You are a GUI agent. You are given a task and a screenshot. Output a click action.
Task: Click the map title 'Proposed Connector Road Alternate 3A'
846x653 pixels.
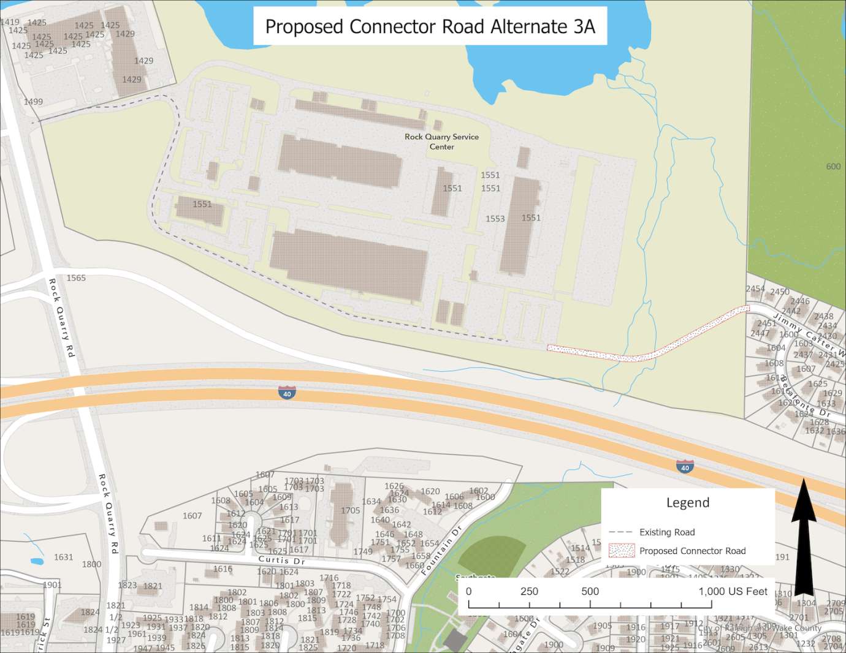[x=430, y=26]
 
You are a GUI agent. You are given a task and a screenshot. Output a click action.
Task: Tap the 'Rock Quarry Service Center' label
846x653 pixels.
[x=441, y=142]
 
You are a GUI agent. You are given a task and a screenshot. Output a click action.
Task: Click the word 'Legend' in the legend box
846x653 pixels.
[x=688, y=503]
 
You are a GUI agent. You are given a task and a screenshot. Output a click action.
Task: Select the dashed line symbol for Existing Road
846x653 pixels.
[x=620, y=532]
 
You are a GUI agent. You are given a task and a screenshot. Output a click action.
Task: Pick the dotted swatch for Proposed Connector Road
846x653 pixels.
[x=621, y=550]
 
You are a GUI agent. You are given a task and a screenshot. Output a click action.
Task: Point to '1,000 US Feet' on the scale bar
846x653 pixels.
[x=733, y=591]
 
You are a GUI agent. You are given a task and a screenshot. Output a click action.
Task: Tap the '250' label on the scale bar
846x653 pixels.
[x=529, y=591]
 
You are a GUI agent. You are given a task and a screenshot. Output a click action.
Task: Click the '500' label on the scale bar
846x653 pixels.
[x=590, y=591]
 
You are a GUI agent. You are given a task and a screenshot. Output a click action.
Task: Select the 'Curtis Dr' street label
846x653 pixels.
[x=281, y=560]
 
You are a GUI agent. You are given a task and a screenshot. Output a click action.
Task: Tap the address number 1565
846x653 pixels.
[x=76, y=278]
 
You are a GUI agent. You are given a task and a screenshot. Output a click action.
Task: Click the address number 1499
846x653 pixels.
[x=33, y=102]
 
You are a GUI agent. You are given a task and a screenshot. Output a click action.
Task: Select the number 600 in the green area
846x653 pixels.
[x=833, y=167]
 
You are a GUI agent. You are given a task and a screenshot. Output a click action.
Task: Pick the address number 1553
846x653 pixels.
[x=495, y=219]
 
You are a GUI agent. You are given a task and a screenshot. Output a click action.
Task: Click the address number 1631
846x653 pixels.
[x=63, y=557]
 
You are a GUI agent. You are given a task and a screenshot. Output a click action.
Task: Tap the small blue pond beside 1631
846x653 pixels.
[x=37, y=561]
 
